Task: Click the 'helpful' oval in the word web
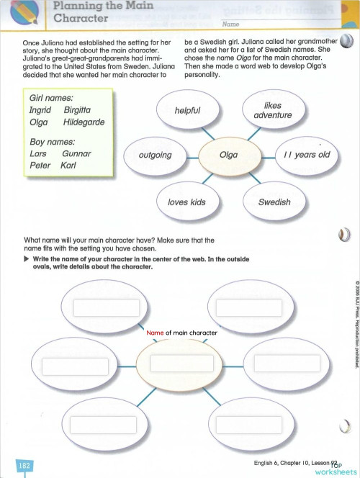pyautogui.click(x=187, y=111)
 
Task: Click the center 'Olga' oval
pyautogui.click(x=228, y=155)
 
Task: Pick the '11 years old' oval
pyautogui.click(x=306, y=155)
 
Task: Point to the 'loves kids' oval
pyautogui.click(x=186, y=202)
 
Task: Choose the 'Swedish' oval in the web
pyautogui.click(x=274, y=202)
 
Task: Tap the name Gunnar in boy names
pyautogui.click(x=76, y=154)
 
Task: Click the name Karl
pyautogui.click(x=69, y=166)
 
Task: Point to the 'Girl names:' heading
pyautogui.click(x=51, y=98)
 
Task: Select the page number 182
pyautogui.click(x=24, y=466)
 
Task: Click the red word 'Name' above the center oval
pyautogui.click(x=155, y=333)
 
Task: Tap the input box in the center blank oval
pyautogui.click(x=181, y=363)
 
